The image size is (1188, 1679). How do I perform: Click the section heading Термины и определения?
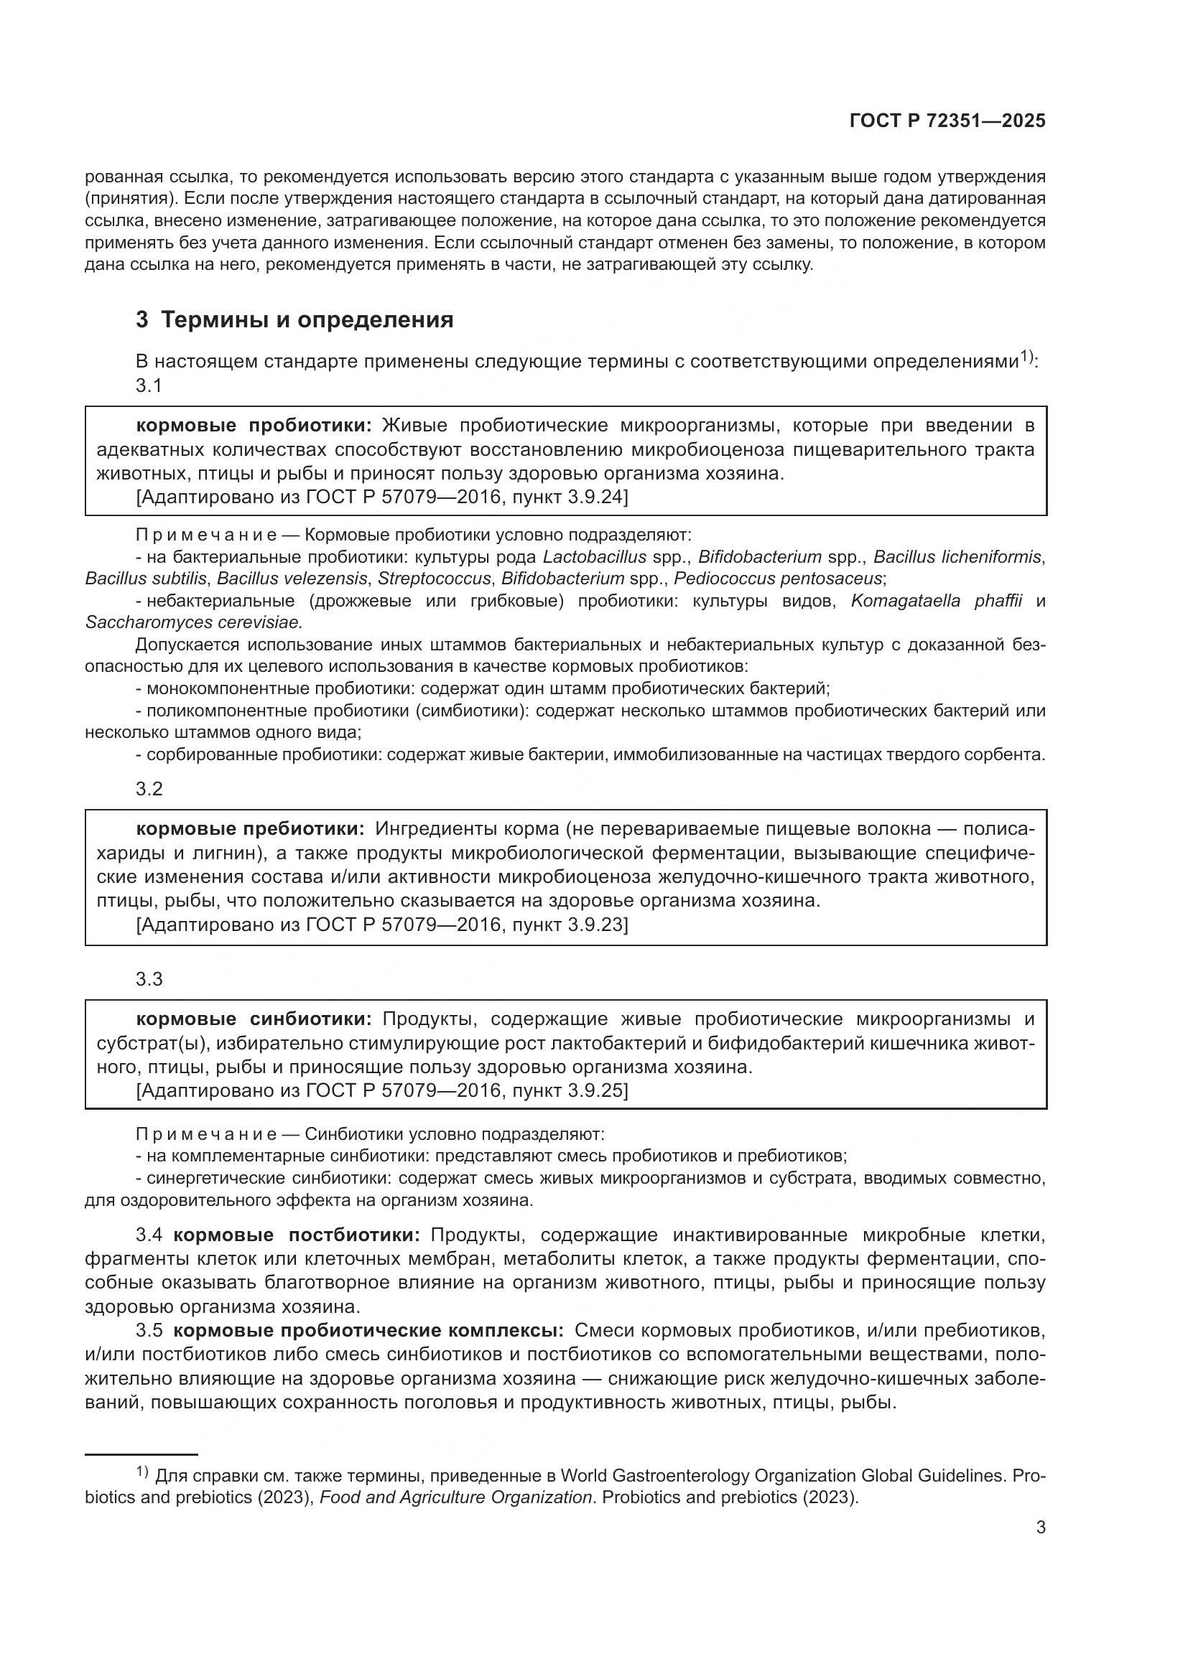(307, 319)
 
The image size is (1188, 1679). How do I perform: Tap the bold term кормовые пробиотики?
(254, 426)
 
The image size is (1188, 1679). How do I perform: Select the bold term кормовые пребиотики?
(250, 828)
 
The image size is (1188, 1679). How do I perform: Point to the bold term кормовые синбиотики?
(254, 1019)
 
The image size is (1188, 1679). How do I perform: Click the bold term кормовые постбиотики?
(296, 1235)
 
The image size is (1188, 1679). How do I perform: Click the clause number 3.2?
(149, 789)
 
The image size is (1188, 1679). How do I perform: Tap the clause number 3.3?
(149, 979)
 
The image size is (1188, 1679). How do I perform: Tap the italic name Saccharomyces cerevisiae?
(193, 622)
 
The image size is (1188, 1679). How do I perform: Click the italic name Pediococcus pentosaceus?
(778, 579)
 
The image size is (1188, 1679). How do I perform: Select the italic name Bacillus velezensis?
(292, 579)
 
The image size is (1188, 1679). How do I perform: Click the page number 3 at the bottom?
(1041, 1527)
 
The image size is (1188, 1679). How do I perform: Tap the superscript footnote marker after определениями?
(1026, 357)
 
